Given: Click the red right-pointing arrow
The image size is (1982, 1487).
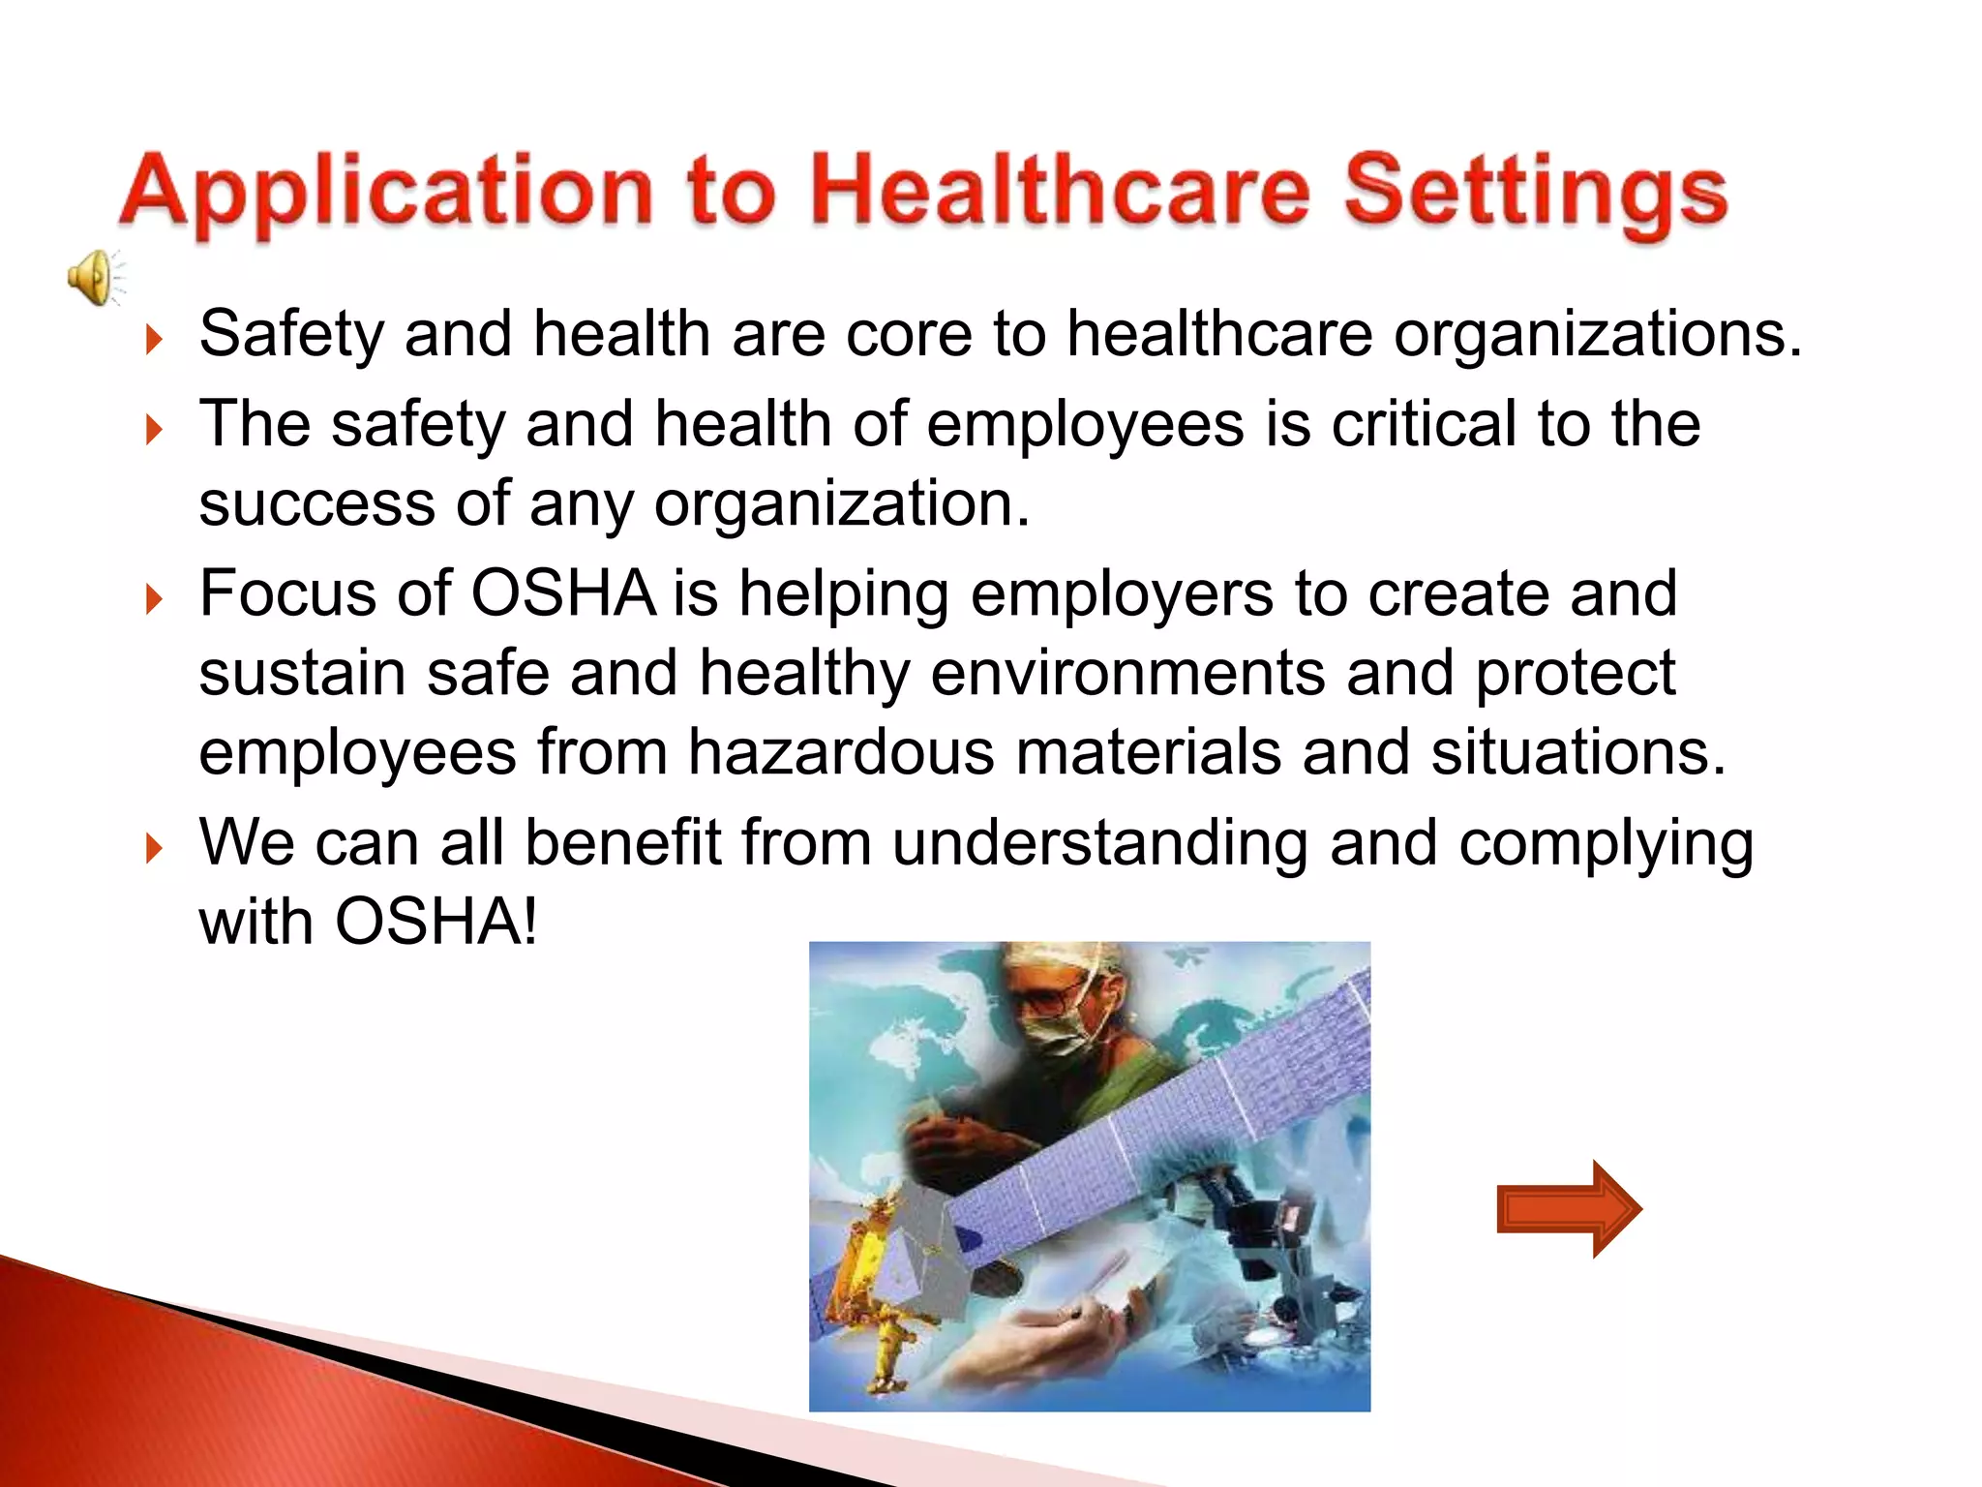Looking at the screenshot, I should [x=1568, y=1208].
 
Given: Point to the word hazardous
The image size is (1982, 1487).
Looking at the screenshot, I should [x=840, y=752].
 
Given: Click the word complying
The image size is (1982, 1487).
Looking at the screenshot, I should [x=1606, y=843].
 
